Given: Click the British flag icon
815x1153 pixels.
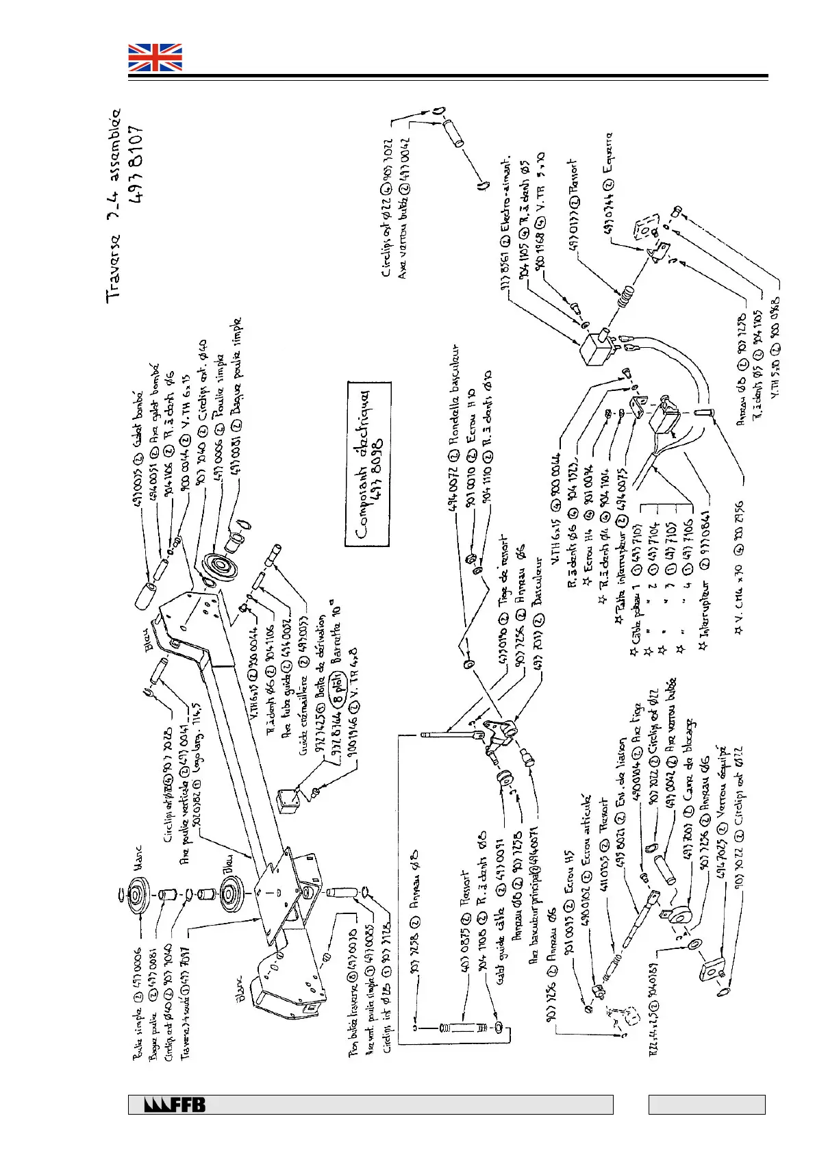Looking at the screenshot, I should (x=155, y=58).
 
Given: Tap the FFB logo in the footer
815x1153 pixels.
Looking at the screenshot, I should (x=175, y=1105).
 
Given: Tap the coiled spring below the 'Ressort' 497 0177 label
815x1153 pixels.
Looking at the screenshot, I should (x=625, y=299).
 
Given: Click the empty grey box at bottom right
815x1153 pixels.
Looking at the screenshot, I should (x=706, y=1104).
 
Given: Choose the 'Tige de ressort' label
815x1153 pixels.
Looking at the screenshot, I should (x=504, y=563).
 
